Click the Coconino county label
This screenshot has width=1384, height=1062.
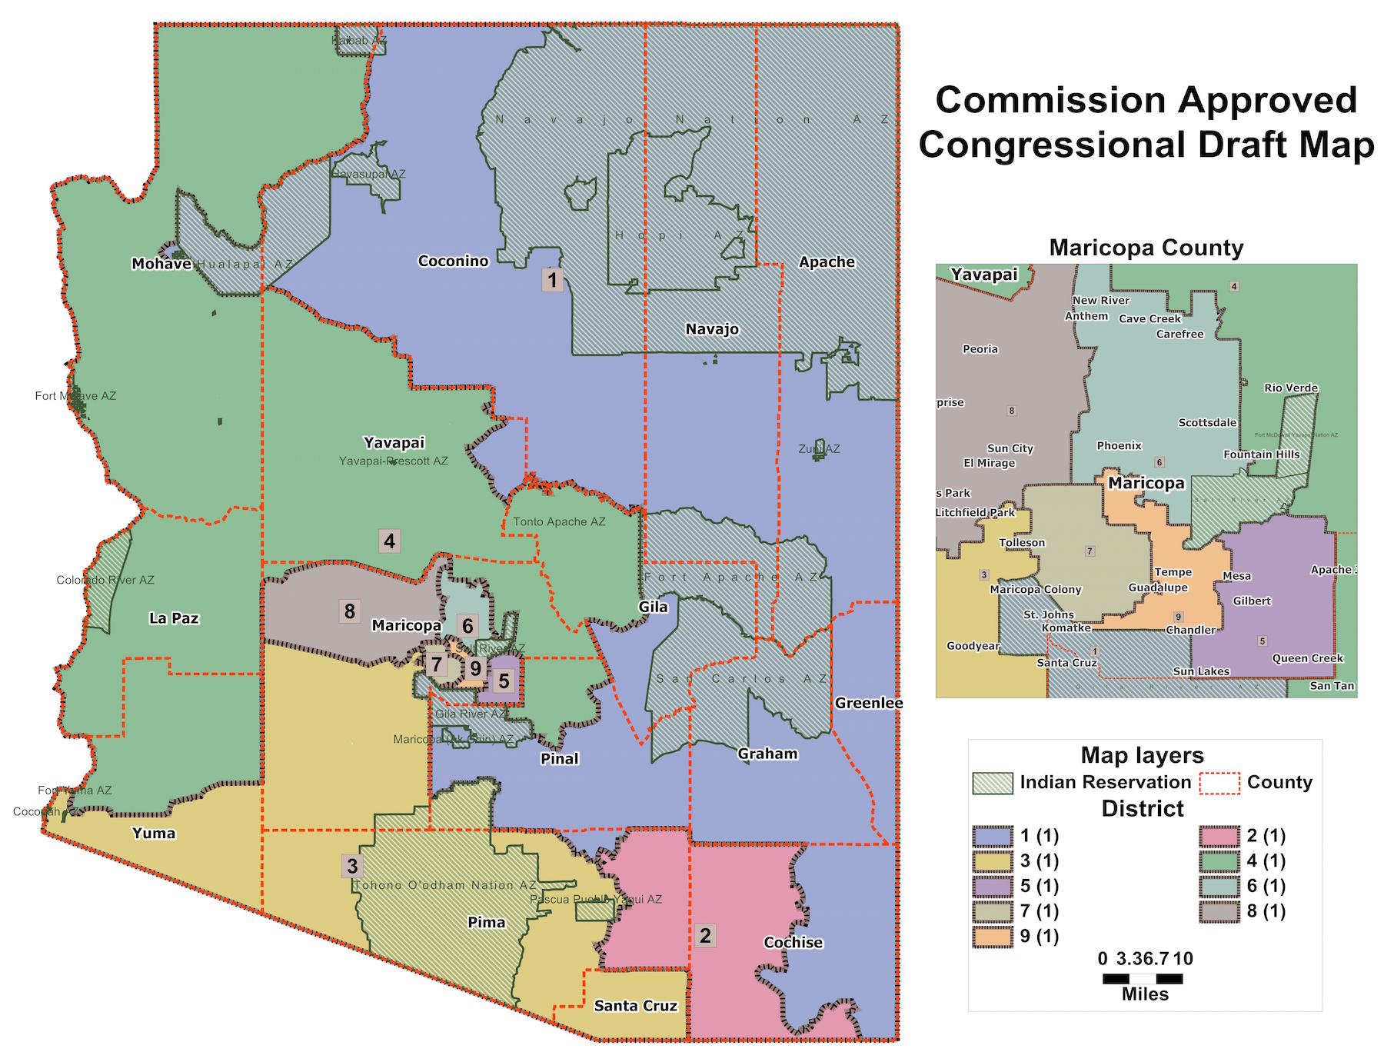click(x=453, y=261)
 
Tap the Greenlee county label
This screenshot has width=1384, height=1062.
click(x=868, y=703)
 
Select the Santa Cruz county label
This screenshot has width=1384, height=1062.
click(x=635, y=1006)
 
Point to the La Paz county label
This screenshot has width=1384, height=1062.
click(x=174, y=618)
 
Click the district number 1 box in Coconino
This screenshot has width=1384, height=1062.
click(x=552, y=279)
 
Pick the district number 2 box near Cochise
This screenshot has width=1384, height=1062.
click(x=705, y=936)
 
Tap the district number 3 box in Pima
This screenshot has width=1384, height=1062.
click(x=352, y=866)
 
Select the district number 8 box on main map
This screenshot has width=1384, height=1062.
click(x=350, y=611)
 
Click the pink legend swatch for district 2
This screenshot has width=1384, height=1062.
click(x=1219, y=836)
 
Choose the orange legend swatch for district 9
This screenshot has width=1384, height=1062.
click(x=992, y=937)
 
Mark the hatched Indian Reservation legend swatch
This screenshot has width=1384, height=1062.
click(x=992, y=783)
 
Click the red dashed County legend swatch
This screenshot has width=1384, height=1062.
click(x=1219, y=783)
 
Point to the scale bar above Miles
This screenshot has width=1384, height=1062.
click(x=1143, y=979)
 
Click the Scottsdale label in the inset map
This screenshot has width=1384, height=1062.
click(x=1207, y=422)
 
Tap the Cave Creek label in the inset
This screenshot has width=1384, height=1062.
click(x=1149, y=318)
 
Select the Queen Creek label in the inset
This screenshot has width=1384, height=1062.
click(x=1307, y=658)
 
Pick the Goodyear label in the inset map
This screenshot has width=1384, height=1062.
click(x=973, y=646)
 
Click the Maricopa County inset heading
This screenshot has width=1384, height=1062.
click(x=1146, y=248)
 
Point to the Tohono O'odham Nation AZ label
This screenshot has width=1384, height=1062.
click(x=444, y=885)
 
